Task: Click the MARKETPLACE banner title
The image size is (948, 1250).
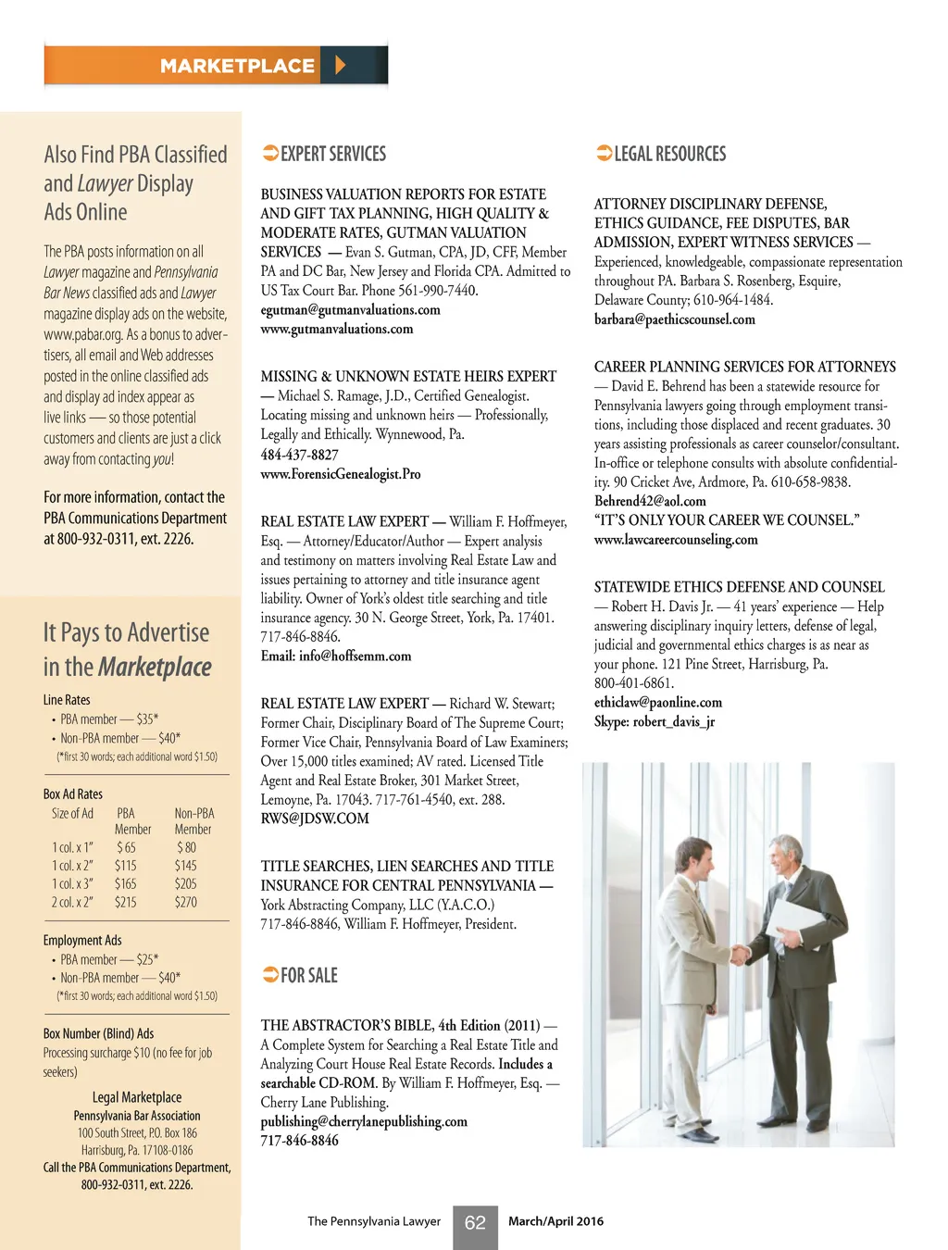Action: coord(237,66)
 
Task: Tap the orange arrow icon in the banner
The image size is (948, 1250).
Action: coord(340,65)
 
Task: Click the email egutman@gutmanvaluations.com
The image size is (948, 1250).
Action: coord(350,310)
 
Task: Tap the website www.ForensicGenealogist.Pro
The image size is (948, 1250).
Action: coord(341,474)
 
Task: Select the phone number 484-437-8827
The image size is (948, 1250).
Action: coord(299,455)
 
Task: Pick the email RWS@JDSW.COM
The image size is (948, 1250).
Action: coord(315,819)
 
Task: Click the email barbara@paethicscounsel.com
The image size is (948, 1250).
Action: coord(674,319)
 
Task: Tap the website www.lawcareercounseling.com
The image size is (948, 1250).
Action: coord(676,539)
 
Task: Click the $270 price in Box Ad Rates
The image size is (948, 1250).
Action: coord(186,902)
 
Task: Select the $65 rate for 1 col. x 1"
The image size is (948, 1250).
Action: coord(126,847)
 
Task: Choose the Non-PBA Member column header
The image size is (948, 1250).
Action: coord(193,821)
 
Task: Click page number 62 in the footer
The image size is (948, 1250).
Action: coord(475,1223)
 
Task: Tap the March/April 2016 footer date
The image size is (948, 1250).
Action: coord(555,1221)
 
